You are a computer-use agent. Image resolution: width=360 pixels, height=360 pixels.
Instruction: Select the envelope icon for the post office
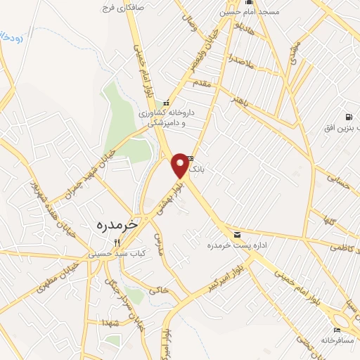pos(236,234)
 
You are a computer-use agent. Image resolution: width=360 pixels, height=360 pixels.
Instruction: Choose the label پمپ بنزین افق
pos(340,128)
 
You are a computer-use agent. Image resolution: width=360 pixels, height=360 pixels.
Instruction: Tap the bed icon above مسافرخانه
pos(337,330)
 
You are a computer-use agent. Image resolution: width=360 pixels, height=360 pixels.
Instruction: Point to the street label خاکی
pos(160,289)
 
